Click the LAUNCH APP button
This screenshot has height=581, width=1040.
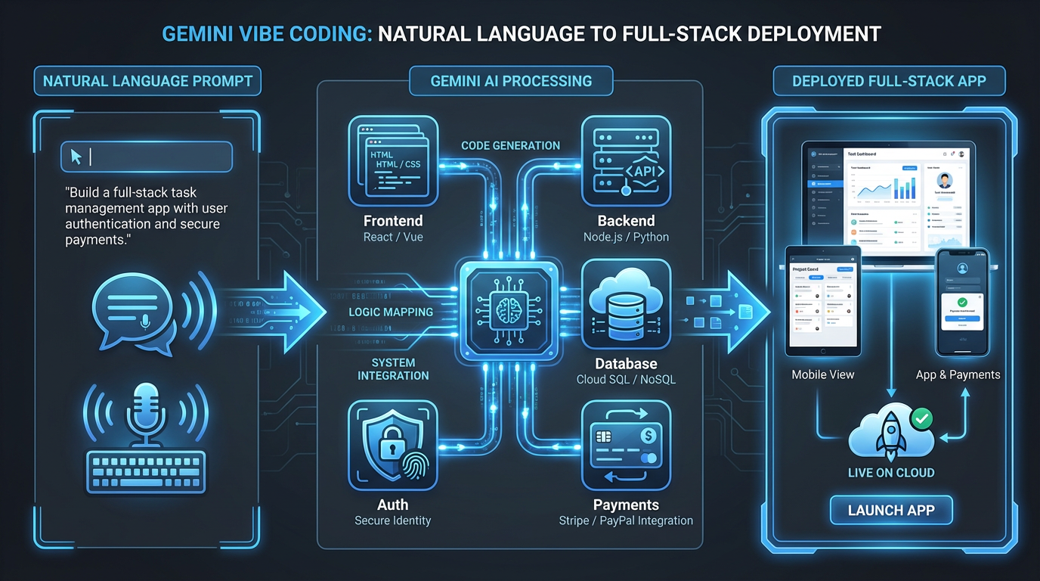click(891, 510)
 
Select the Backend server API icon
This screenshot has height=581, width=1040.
click(626, 160)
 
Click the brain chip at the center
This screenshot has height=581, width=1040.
click(509, 311)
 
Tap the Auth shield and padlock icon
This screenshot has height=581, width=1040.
click(393, 446)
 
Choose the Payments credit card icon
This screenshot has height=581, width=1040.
click(626, 446)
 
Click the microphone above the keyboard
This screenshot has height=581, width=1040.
click(144, 412)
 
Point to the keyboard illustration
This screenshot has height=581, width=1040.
click(146, 474)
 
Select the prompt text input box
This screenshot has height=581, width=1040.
click(147, 157)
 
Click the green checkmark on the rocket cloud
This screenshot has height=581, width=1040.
click(921, 418)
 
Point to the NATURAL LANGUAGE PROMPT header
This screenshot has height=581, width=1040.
click(147, 81)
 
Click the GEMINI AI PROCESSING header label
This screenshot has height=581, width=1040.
click(511, 81)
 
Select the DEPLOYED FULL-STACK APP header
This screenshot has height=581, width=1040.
click(889, 81)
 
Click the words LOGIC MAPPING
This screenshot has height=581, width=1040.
click(391, 312)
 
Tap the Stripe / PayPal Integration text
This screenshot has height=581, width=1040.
click(626, 520)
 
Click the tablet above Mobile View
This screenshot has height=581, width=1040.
click(823, 300)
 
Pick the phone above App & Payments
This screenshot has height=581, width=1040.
click(962, 300)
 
